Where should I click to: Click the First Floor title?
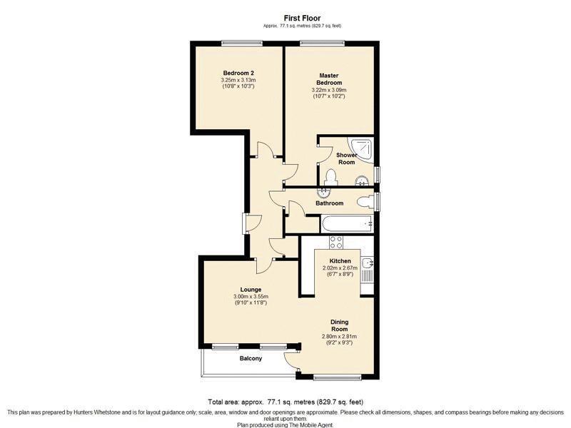point(302,18)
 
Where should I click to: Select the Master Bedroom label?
point(329,79)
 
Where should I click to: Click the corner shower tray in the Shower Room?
point(361,150)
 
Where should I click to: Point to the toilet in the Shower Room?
point(330,177)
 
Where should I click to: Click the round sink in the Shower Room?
point(362,180)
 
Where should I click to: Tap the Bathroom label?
point(329,203)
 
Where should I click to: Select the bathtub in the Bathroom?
point(347,224)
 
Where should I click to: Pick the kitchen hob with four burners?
point(335,243)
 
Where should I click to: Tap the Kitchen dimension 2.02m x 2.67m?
point(340,268)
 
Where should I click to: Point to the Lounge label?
point(251,290)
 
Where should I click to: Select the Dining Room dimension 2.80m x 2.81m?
point(340,336)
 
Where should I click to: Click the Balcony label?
point(251,359)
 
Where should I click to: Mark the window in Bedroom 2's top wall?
point(242,44)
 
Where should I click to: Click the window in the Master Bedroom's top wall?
point(323,44)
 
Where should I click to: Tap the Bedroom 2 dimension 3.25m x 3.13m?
point(238,80)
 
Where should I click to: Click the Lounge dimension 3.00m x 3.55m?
point(251,297)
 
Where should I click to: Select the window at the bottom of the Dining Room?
point(337,377)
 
